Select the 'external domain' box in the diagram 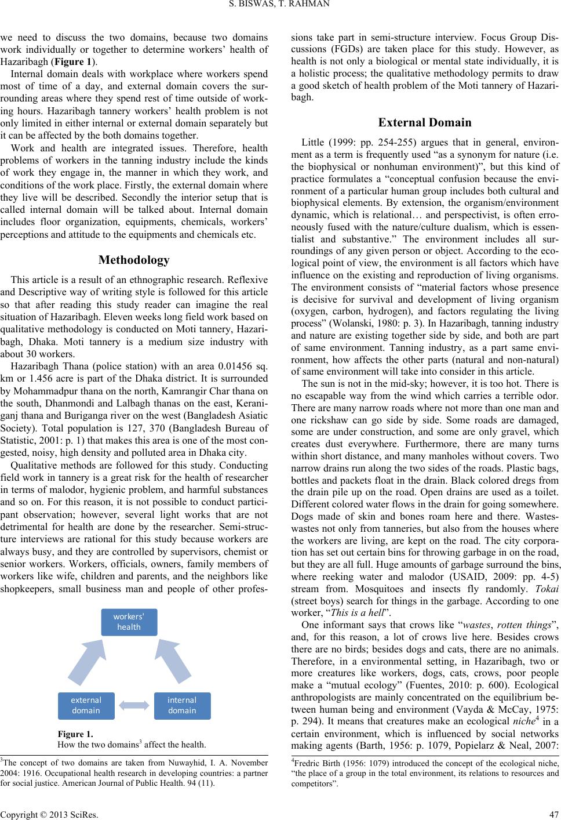[85, 705]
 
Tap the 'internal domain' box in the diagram [182, 705]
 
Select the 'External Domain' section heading [424, 122]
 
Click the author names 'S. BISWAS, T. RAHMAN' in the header [280, 6]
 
